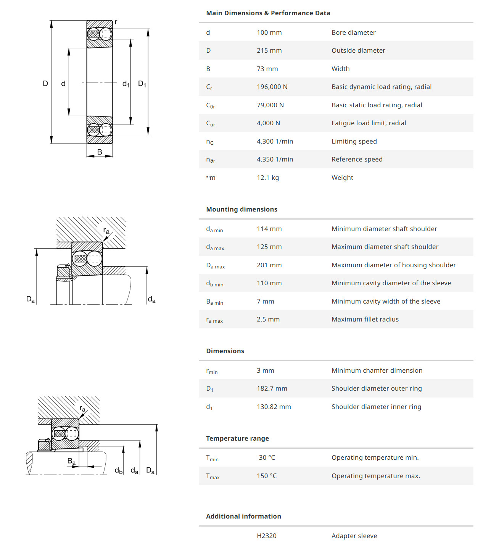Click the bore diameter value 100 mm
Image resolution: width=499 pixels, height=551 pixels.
point(269,32)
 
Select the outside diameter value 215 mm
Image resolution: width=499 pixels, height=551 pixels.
point(269,50)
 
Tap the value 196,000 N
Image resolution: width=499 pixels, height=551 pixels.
point(272,87)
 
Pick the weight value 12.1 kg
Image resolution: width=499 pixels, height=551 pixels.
point(267,178)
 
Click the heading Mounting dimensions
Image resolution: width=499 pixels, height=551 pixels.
point(241,209)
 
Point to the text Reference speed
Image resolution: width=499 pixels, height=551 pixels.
point(357,159)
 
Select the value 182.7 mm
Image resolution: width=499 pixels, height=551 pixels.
point(272,388)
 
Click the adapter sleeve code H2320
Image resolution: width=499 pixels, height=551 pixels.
point(266,536)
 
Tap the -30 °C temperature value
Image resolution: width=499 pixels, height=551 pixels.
point(266,457)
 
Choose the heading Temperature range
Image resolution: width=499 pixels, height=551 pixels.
point(237,438)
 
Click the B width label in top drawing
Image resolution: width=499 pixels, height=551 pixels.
point(100,152)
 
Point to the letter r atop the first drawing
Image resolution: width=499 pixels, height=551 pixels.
point(116,22)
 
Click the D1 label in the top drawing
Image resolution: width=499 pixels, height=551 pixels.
point(142,84)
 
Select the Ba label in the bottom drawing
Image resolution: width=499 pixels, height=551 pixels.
point(71,461)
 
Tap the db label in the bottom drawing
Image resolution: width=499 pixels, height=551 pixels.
point(119,471)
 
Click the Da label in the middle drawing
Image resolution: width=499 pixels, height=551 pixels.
point(31,299)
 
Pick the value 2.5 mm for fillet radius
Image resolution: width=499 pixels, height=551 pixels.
point(268,319)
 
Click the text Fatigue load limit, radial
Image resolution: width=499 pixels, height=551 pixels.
point(369,123)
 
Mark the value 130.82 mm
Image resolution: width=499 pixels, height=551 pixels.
point(274,407)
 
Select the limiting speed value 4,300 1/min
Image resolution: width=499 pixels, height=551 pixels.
point(275,141)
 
